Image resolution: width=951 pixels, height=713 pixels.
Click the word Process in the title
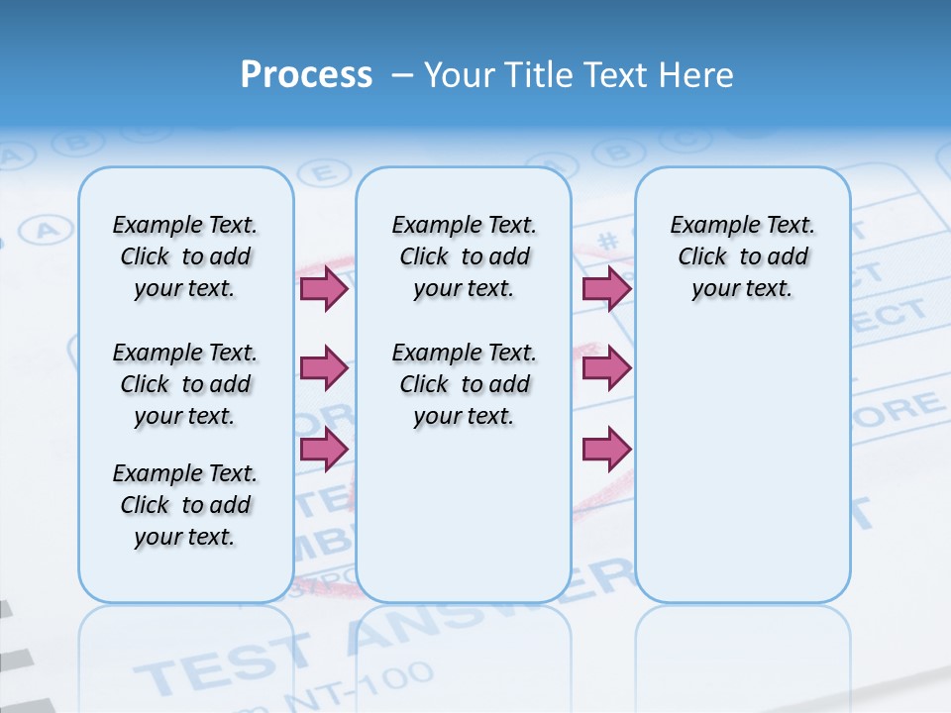pos(306,75)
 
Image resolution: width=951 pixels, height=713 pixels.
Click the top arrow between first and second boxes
pos(324,288)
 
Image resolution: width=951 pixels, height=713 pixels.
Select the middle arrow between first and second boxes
pos(324,368)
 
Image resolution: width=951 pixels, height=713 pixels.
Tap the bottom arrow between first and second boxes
pos(324,449)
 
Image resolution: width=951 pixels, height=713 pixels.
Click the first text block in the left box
pos(185,256)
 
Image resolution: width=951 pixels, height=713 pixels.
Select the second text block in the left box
pos(185,384)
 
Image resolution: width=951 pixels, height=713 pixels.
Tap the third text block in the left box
pos(185,505)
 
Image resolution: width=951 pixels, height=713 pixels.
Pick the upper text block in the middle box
pos(464,256)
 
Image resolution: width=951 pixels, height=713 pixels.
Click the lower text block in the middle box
pos(464,384)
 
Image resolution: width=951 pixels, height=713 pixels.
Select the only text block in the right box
pos(742,256)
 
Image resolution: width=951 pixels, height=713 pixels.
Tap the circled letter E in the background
pos(318,173)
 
